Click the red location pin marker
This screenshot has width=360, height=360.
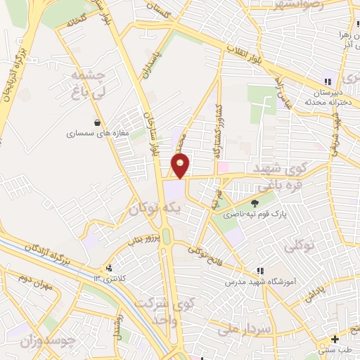point(181,165)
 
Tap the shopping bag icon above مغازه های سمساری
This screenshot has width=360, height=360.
point(105,122)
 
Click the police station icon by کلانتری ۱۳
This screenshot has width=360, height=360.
point(108,269)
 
